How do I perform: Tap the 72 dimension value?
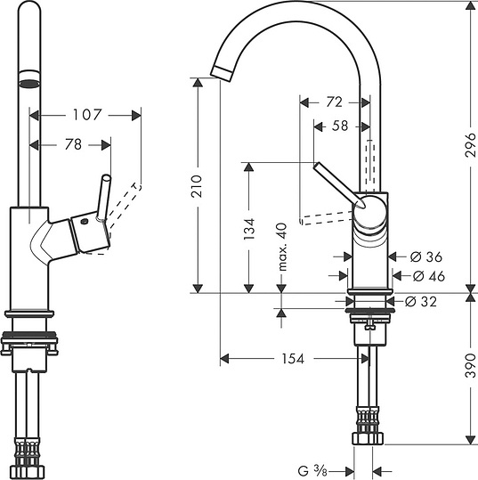click(334, 102)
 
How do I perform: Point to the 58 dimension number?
click(339, 126)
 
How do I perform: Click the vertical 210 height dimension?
click(198, 185)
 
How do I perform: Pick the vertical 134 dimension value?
click(248, 229)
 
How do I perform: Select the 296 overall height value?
click(469, 150)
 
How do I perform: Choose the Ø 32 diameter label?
click(421, 301)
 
